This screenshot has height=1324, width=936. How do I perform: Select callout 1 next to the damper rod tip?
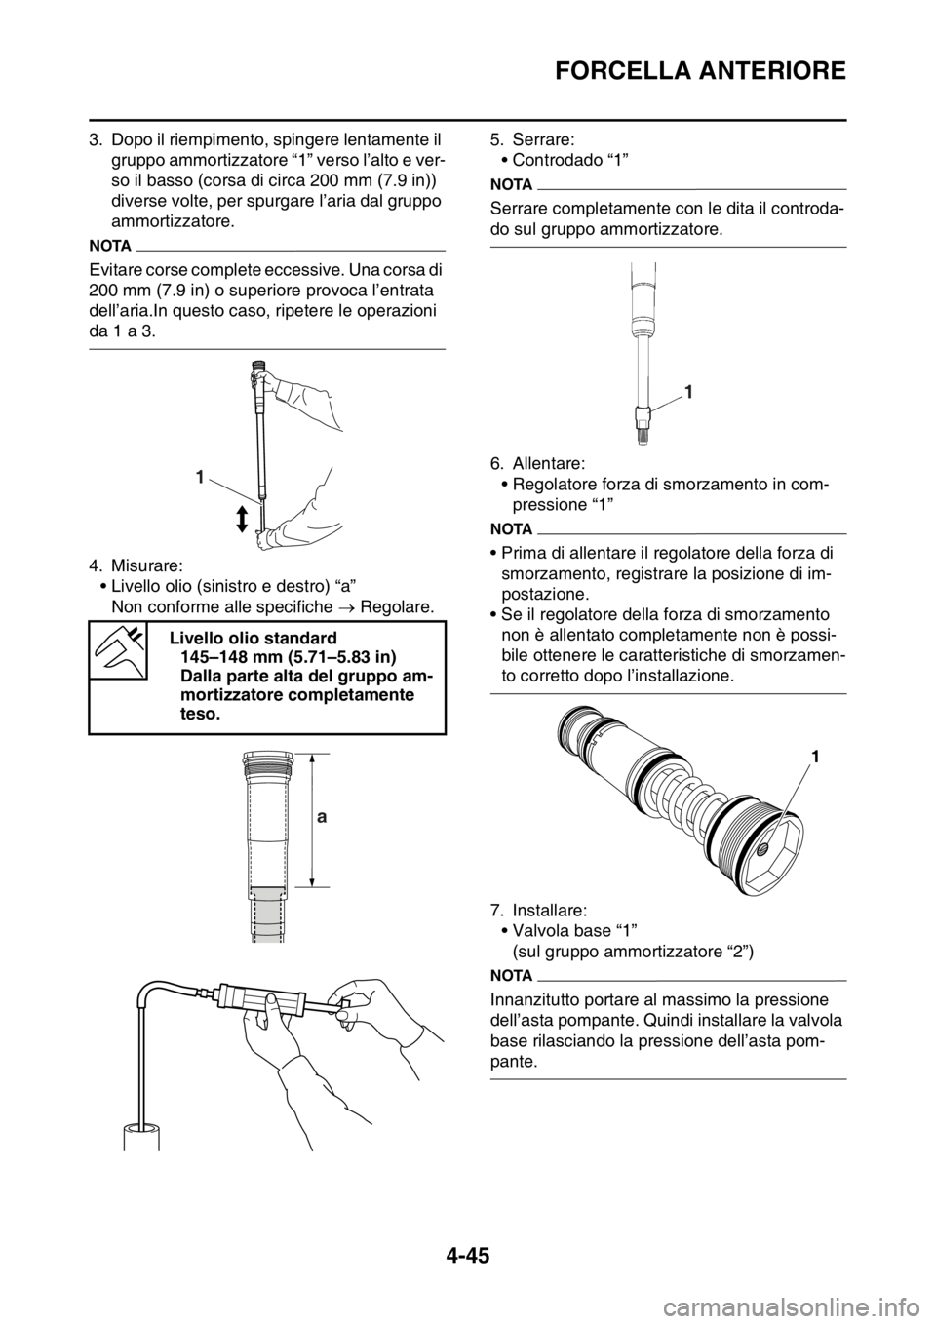tap(689, 392)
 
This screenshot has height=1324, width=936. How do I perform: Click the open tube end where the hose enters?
tap(141, 1132)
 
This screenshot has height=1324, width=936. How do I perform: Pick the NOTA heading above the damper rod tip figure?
tap(510, 181)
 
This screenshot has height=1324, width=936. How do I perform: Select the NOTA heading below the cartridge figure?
tap(510, 974)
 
